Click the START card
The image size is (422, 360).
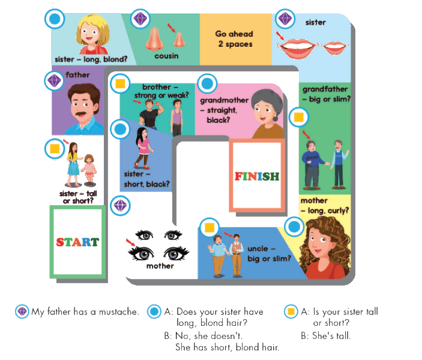(77, 242)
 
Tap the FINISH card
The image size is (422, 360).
(257, 176)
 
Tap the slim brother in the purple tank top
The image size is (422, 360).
(176, 118)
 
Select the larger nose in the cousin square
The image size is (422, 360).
(154, 39)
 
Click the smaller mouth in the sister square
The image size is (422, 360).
(334, 49)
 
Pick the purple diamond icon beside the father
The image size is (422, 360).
(55, 81)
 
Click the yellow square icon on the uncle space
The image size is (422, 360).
(209, 227)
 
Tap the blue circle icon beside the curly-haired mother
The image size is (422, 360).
(294, 227)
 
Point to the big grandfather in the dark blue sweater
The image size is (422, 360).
(313, 165)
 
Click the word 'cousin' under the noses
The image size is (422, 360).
(166, 56)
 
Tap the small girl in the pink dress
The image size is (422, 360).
(89, 170)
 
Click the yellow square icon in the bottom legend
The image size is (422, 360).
(291, 311)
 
